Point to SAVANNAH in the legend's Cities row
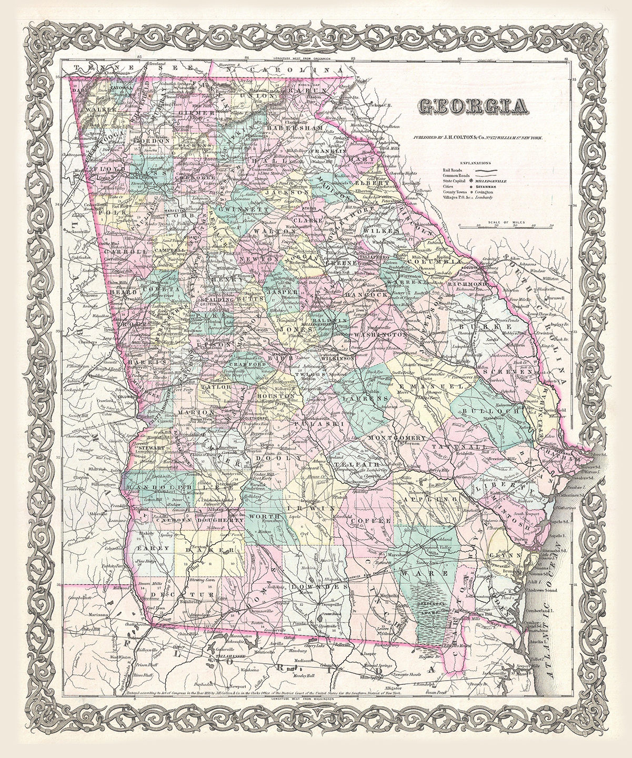point(486,187)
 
